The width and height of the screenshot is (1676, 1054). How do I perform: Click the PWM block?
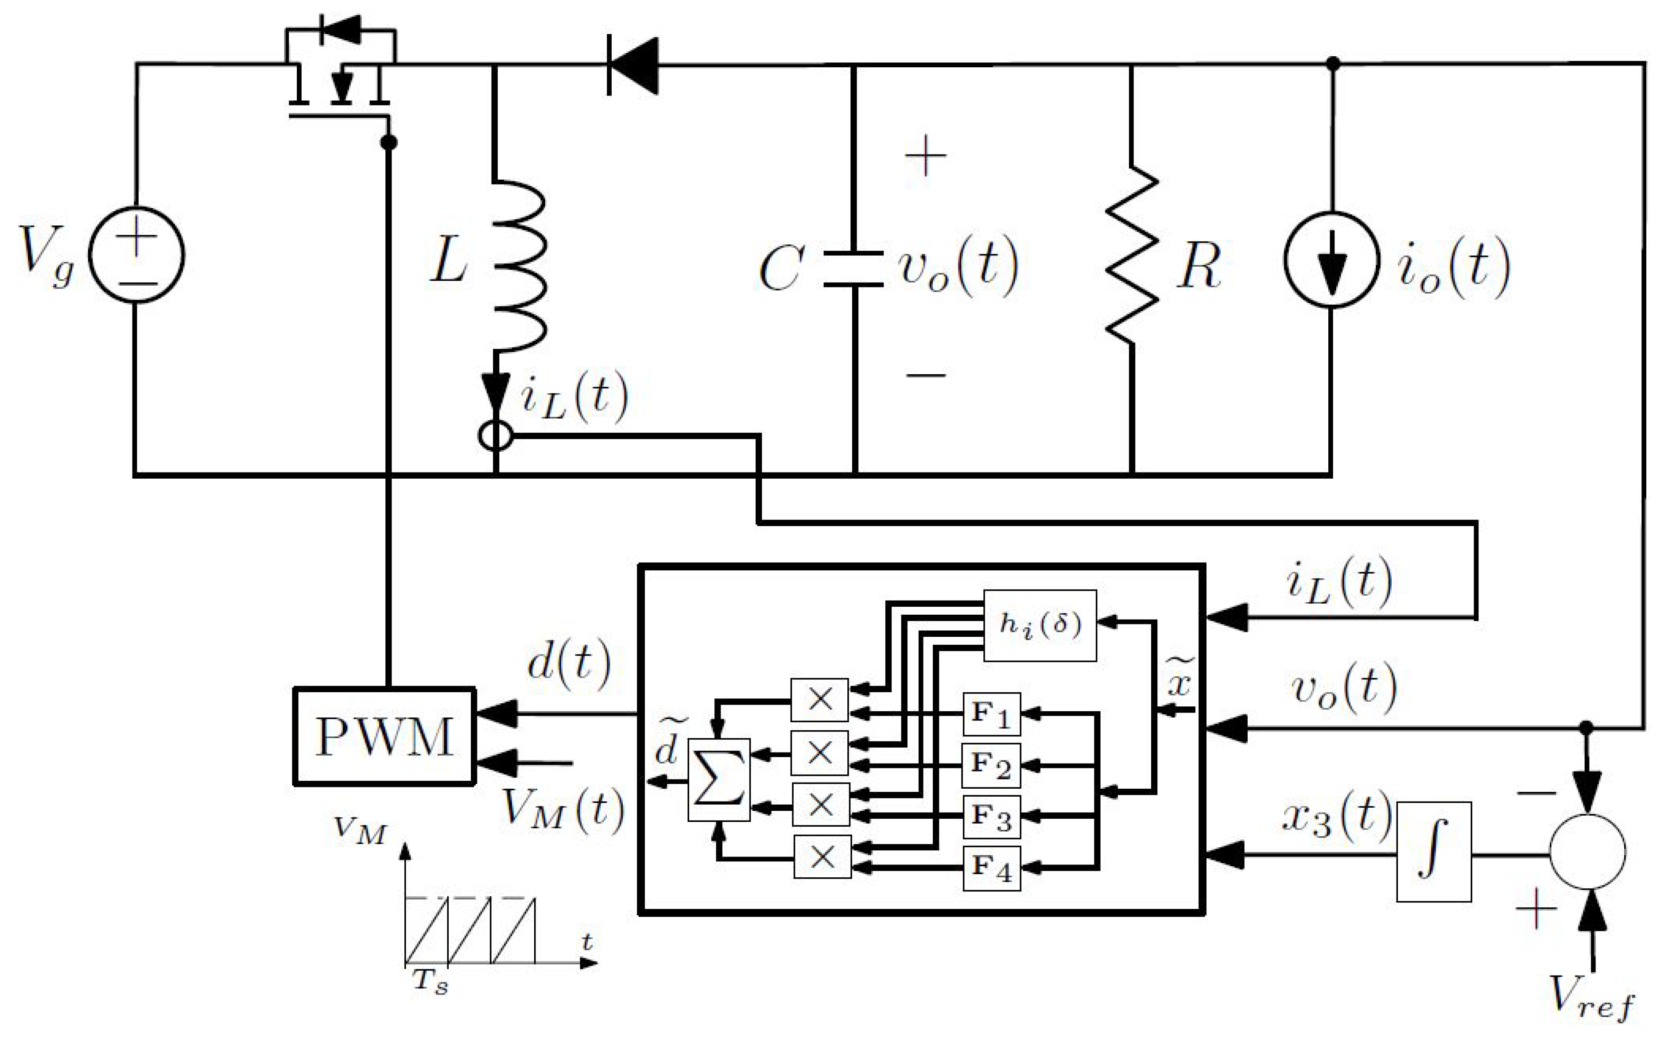point(384,736)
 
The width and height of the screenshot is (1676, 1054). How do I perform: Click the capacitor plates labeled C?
point(854,268)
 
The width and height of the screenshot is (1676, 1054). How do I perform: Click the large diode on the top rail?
point(632,66)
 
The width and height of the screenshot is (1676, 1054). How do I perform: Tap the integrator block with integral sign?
point(1433,852)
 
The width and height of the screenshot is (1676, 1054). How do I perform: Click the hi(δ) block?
point(1040,625)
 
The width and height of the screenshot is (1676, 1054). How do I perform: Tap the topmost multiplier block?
point(819,700)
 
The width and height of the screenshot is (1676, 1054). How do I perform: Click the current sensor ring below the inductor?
point(496,437)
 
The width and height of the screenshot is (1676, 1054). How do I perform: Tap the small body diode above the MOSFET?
point(341,29)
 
